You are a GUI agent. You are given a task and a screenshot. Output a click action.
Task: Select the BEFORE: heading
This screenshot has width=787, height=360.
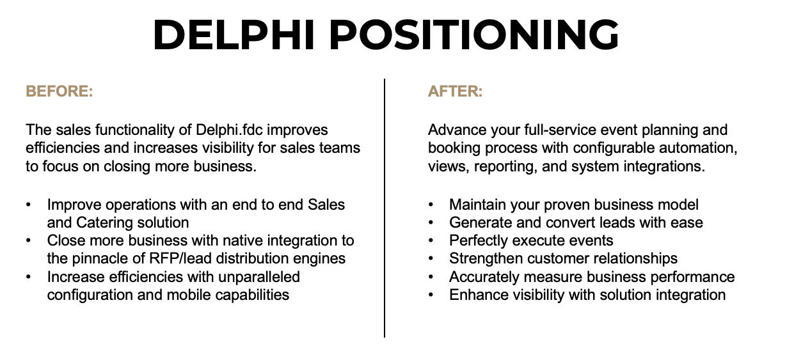point(59,91)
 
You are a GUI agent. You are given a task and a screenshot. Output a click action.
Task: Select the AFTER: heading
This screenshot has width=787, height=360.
point(455,91)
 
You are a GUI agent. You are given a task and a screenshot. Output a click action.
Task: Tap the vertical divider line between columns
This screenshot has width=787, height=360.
point(385,208)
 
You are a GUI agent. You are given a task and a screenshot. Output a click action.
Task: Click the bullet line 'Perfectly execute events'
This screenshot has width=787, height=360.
point(531,240)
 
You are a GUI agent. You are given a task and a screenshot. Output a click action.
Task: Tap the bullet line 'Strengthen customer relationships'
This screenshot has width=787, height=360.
point(563,258)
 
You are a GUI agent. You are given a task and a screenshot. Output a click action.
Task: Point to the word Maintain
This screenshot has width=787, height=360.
point(478,205)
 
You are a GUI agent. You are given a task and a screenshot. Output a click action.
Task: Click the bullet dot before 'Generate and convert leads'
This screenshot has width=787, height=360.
point(431,223)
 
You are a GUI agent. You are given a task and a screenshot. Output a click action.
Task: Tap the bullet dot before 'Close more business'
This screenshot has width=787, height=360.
point(29,241)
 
